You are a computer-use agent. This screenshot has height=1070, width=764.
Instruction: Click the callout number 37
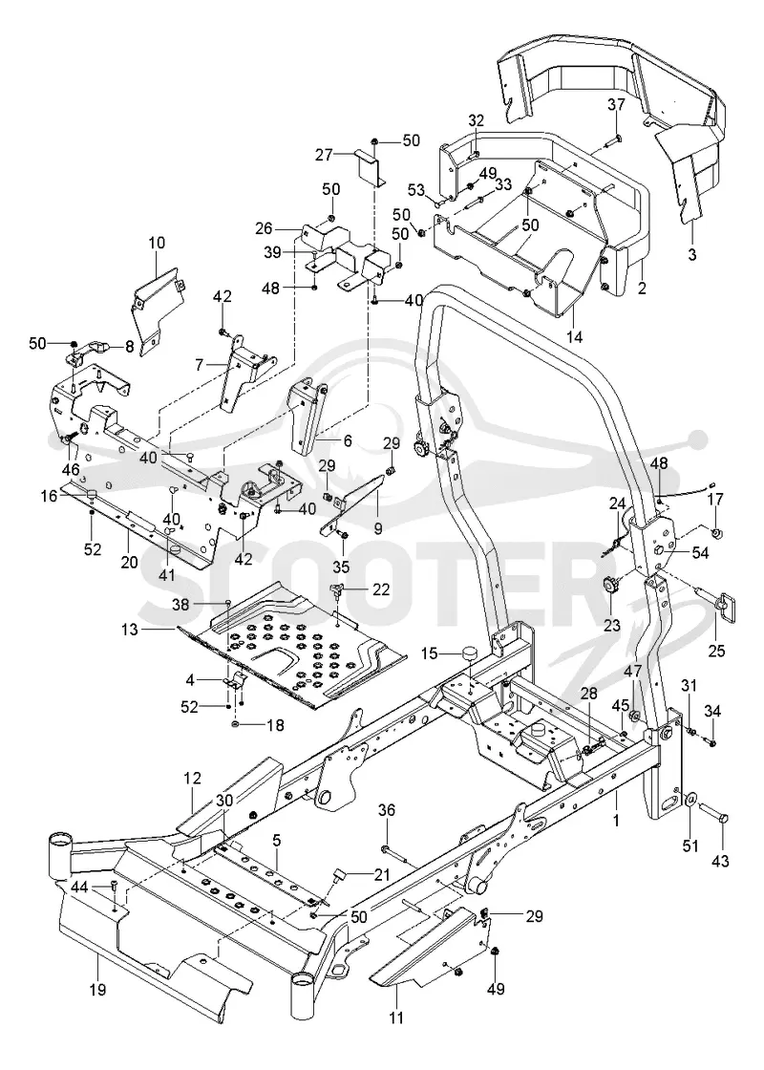[616, 104]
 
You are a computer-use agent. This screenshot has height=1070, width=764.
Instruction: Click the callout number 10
[157, 243]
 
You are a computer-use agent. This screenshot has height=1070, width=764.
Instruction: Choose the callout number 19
[97, 989]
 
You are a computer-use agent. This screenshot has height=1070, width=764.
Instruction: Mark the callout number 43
[720, 861]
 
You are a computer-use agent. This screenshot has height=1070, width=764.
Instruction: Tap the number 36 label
[387, 811]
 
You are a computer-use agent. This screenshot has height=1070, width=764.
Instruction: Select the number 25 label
[716, 651]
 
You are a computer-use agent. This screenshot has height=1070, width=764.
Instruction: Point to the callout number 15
[429, 653]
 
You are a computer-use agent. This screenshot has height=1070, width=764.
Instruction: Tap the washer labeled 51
[691, 800]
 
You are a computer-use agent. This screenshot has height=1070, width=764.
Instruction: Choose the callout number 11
[396, 1018]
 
